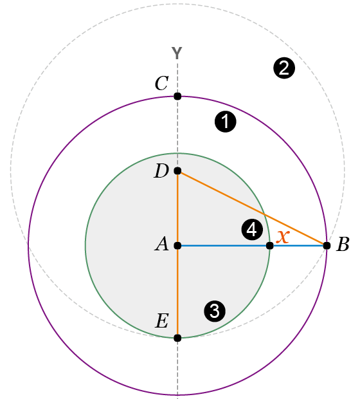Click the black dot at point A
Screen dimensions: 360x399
[177, 246]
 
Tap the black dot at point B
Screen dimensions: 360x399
[327, 246]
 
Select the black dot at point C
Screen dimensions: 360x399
[177, 97]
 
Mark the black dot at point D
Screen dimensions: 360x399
[177, 171]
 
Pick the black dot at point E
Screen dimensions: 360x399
[177, 338]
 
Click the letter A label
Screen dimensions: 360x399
[162, 244]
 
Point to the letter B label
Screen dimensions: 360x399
[343, 245]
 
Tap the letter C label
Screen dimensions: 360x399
[162, 83]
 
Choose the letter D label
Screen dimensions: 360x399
[161, 171]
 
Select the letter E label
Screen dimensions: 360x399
[162, 320]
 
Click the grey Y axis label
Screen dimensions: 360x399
[177, 53]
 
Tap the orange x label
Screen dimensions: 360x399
[283, 237]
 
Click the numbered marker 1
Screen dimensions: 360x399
[226, 122]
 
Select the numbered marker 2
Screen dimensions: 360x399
[284, 68]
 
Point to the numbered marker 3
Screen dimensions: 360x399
[215, 311]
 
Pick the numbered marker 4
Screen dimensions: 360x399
[252, 230]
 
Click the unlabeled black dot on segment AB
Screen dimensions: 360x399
[270, 246]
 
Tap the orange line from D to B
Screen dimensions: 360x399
[252, 208]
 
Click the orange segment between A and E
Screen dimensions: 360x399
[177, 292]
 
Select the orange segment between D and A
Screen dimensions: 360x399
[177, 208]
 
